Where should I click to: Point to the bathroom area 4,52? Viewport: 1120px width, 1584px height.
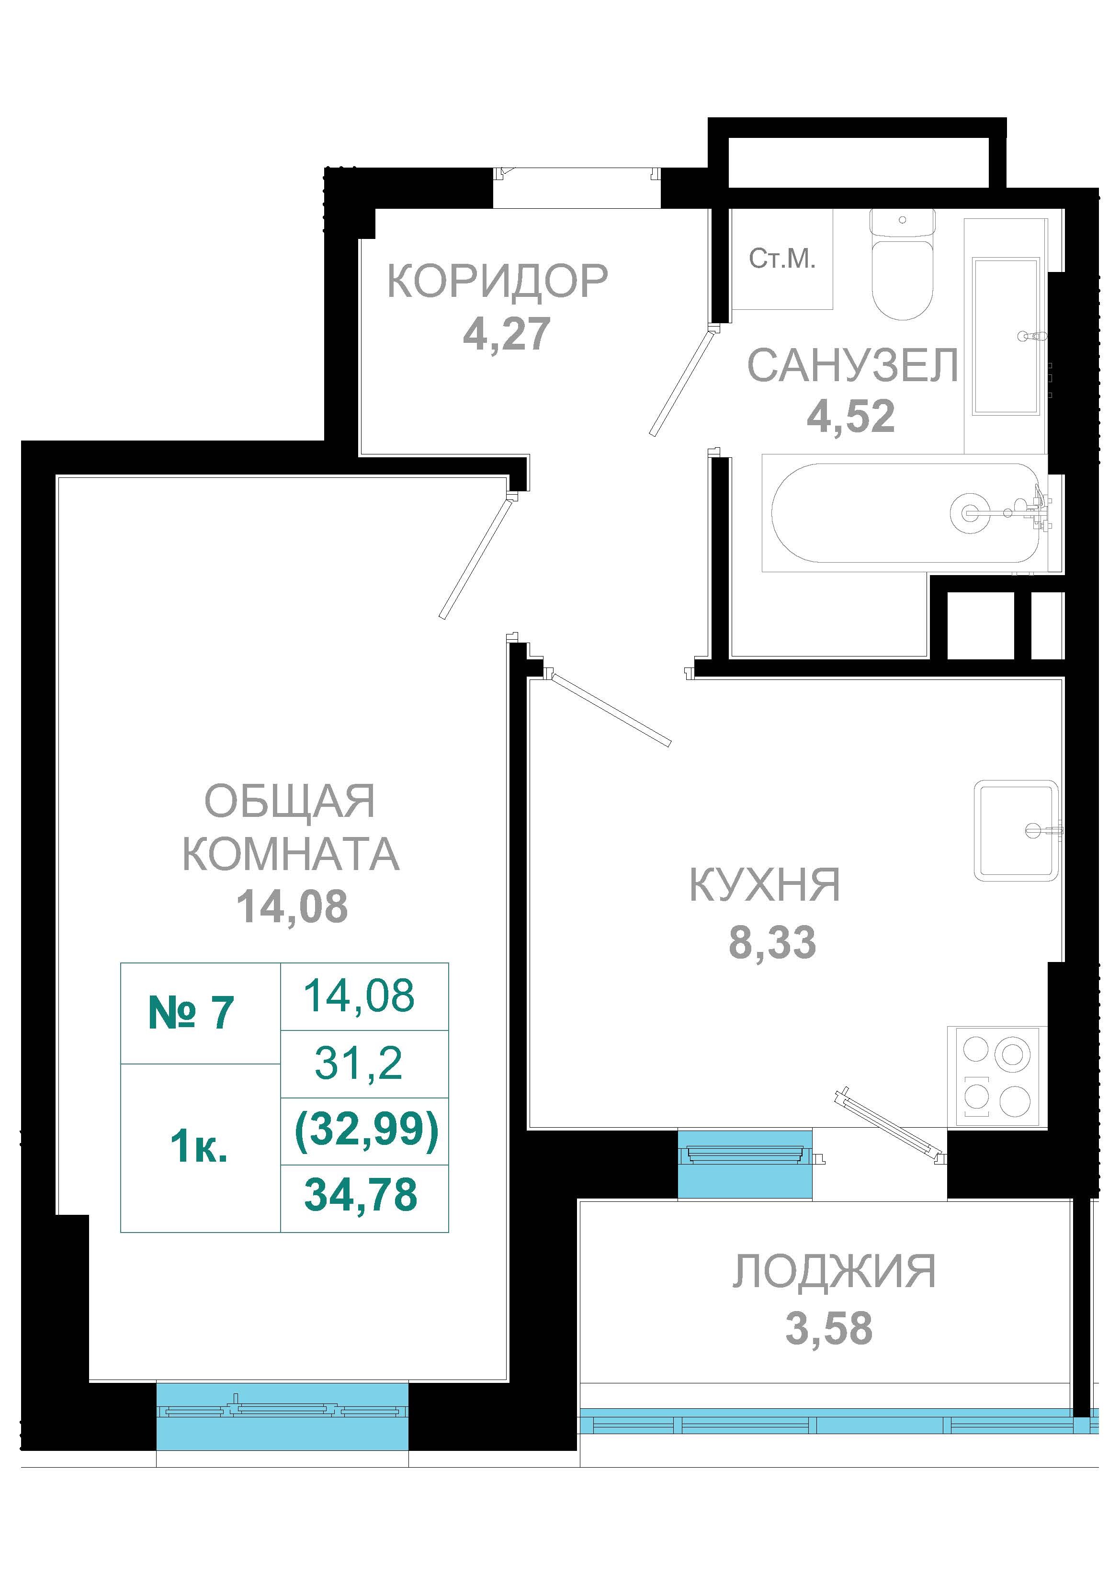click(x=851, y=416)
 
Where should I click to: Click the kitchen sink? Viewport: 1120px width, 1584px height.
click(x=1016, y=831)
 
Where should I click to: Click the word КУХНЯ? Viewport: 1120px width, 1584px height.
click(x=765, y=885)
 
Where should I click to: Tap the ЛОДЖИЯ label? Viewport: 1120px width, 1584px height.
click(x=834, y=1271)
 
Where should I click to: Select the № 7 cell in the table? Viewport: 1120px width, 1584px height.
click(x=200, y=1013)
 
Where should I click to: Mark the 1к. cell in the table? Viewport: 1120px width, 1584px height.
click(x=200, y=1148)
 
